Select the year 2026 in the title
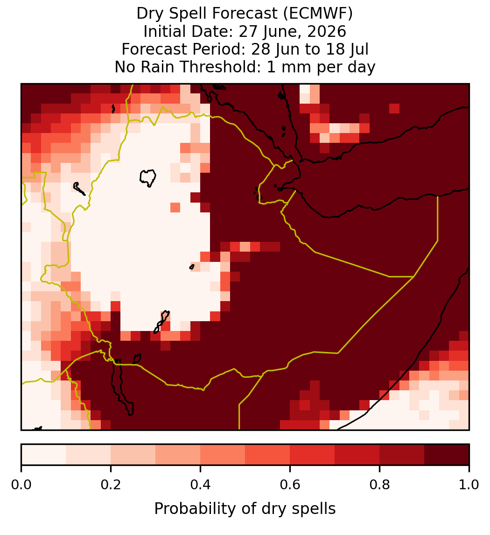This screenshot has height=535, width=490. coord(326,31)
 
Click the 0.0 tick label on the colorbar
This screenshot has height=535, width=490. coord(21,485)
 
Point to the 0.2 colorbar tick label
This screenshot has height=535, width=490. coord(111,485)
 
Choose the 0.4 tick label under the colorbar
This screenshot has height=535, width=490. coord(201,485)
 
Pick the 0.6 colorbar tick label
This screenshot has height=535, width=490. coord(290,485)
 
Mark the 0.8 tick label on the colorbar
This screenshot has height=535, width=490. coord(379,485)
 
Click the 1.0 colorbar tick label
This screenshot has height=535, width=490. coord(469,485)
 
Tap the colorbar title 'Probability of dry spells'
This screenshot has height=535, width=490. coord(245,509)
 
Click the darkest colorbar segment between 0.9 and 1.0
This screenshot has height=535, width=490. coord(447,455)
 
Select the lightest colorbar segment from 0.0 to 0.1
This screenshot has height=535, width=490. coord(44,455)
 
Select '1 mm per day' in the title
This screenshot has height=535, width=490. coord(321,67)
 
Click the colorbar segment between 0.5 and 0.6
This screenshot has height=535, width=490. coord(268,455)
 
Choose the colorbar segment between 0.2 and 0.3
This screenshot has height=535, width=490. coord(133,455)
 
